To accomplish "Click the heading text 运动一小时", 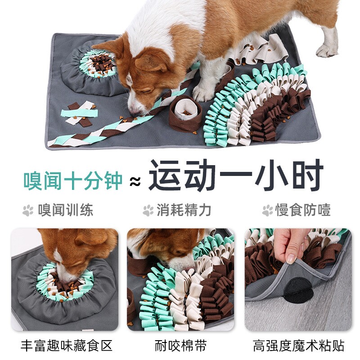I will (236, 176).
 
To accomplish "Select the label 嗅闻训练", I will (66, 210).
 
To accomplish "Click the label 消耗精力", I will (184, 210).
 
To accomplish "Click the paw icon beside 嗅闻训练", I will (28, 210).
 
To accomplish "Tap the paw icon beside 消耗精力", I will (148, 210).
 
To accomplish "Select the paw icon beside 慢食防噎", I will (268, 210).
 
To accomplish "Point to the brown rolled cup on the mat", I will (185, 112).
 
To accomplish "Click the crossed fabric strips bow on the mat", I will (80, 113).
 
